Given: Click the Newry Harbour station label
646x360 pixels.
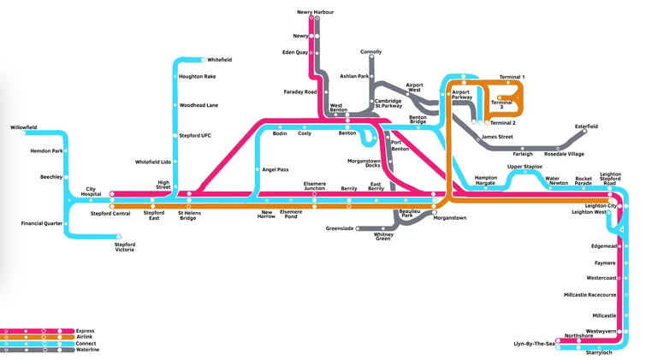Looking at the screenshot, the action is [315, 12].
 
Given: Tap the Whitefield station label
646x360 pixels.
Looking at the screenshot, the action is [220, 60].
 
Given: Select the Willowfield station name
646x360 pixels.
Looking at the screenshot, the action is [23, 127].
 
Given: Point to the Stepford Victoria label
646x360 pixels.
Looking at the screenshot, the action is [125, 247].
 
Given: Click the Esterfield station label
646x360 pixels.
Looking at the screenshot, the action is [586, 127].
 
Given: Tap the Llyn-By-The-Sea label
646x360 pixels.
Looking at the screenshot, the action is [533, 343].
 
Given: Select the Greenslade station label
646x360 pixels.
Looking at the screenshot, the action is [341, 228].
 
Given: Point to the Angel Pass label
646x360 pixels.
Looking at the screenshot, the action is [276, 169].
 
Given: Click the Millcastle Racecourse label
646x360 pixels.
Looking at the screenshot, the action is [590, 294].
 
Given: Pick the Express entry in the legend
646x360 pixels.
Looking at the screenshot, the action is [86, 330].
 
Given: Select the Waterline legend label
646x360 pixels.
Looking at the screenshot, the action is [88, 350].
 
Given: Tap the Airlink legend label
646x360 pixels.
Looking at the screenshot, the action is [85, 337].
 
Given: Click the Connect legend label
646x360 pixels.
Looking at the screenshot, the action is [86, 343].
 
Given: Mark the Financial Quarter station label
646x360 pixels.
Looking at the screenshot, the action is [42, 223].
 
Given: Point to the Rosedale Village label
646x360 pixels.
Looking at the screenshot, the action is [564, 154].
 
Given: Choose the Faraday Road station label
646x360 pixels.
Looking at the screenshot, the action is [300, 91].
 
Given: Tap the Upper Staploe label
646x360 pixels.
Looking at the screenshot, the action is [525, 167].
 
